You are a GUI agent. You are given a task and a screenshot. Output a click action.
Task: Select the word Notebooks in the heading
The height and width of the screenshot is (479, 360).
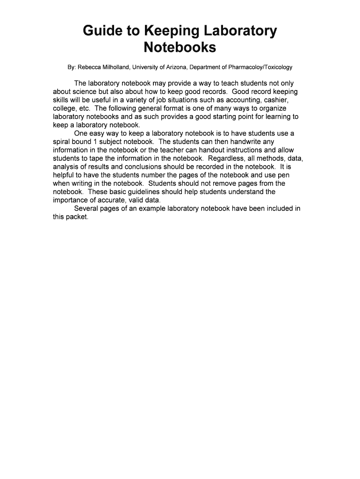point(180,47)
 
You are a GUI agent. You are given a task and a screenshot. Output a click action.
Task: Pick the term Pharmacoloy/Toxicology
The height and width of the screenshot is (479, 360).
point(260,67)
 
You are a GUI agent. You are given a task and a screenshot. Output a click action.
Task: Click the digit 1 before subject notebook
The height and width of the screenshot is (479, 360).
point(99,142)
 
